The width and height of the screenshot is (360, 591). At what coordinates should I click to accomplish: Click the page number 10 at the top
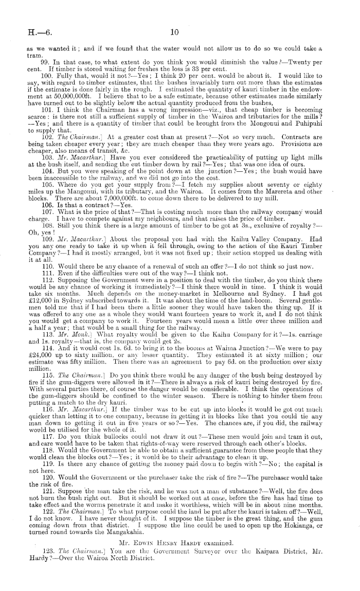(174, 32)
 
